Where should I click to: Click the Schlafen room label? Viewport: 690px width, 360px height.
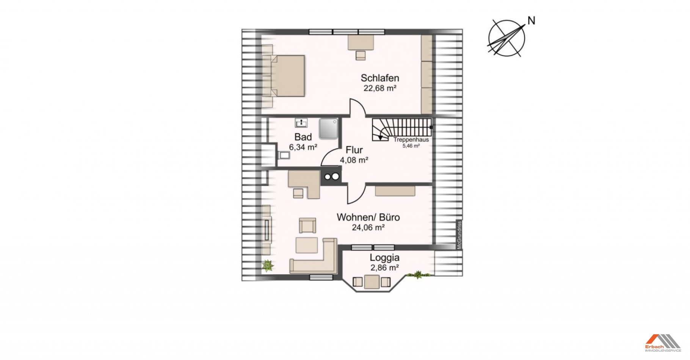point(380,78)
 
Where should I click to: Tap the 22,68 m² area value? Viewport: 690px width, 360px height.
point(380,88)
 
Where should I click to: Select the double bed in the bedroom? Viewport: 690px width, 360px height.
point(288,76)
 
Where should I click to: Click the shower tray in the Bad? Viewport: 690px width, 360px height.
point(328,128)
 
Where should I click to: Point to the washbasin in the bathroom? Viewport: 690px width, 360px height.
point(301,123)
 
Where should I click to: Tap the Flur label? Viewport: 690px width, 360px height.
point(354,150)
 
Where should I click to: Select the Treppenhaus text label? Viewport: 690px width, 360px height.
point(411,139)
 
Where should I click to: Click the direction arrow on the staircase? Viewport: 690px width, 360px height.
point(381,137)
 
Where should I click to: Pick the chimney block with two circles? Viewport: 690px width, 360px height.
point(331,176)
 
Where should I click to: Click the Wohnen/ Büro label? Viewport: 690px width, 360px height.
point(368,218)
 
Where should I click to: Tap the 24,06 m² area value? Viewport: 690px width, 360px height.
point(368,228)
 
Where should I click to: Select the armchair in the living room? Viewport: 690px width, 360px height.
point(307,225)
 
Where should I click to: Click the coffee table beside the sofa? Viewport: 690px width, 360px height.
point(307,245)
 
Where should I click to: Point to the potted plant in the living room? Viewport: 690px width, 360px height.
point(268,266)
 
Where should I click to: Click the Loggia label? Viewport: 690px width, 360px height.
point(384,258)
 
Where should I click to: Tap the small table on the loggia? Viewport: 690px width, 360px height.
point(372,282)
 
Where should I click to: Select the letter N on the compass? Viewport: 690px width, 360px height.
point(532,21)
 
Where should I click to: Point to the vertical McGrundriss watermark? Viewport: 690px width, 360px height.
point(459,235)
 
